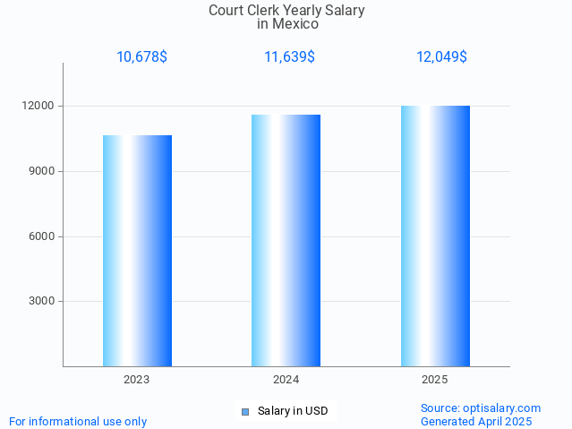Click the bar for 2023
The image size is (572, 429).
(137, 251)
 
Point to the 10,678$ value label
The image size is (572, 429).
(141, 57)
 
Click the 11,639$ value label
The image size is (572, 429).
(289, 57)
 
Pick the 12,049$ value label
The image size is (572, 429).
(441, 57)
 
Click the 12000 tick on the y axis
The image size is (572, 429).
(40, 106)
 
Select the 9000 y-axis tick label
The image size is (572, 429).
(43, 171)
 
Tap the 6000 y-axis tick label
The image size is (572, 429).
(43, 236)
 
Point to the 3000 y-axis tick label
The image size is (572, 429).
(43, 301)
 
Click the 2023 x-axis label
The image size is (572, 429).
(137, 380)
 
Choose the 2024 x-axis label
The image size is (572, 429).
(286, 380)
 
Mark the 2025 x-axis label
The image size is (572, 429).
(435, 380)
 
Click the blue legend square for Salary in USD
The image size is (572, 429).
(244, 412)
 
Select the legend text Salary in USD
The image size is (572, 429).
(293, 412)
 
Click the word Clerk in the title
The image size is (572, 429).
(268, 11)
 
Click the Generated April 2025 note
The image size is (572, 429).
(476, 421)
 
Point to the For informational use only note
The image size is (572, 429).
(78, 421)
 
